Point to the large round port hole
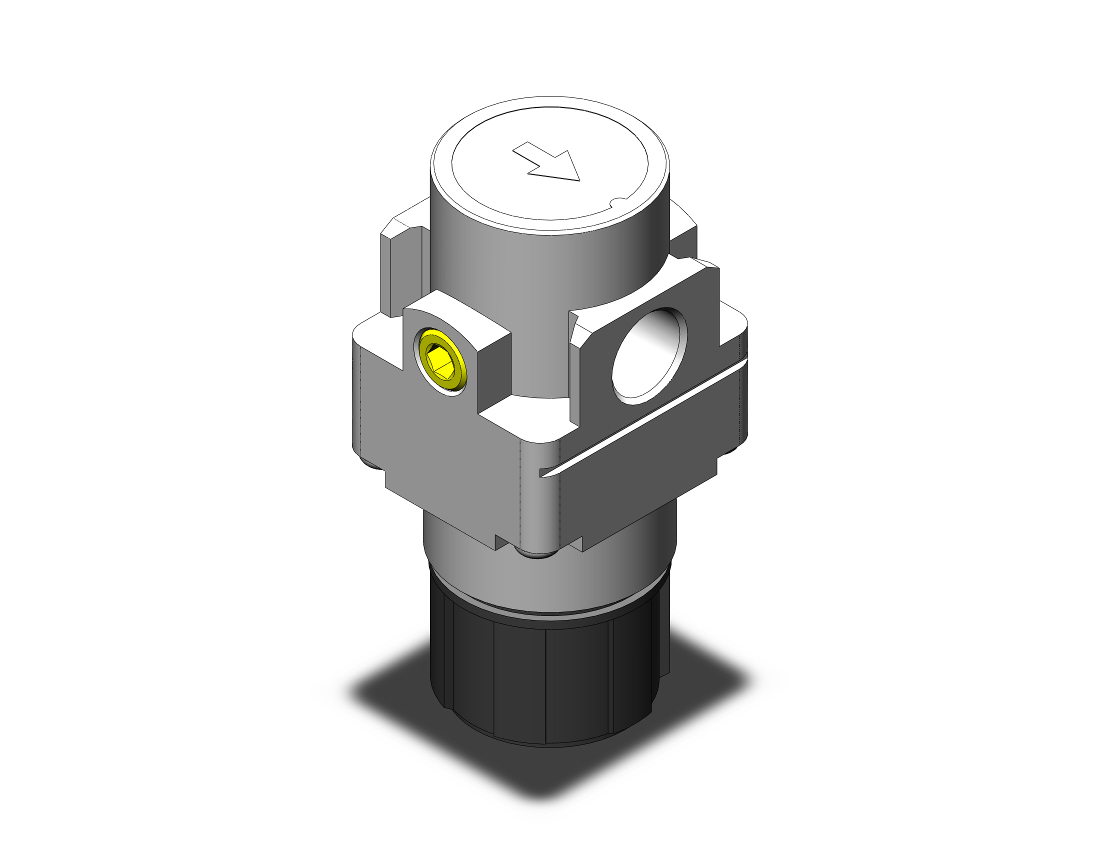pos(649,355)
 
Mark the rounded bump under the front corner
pos(538,554)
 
